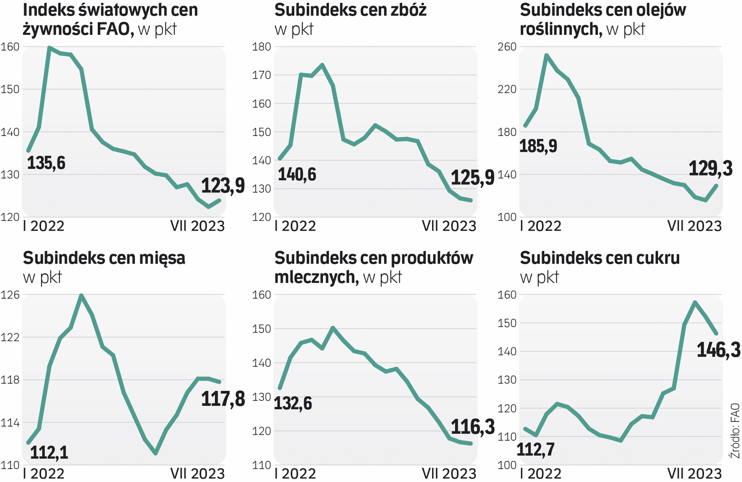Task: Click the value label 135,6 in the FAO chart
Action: tap(46, 163)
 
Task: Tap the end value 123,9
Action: tap(223, 186)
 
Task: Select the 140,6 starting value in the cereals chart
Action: tap(297, 175)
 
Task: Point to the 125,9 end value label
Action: tap(472, 178)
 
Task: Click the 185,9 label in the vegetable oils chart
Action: tap(538, 146)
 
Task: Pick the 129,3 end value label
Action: tap(710, 169)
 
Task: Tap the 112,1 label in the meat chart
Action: tap(49, 453)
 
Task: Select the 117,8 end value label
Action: tap(223, 399)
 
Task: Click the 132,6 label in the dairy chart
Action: tap(293, 403)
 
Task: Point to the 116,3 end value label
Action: tap(472, 427)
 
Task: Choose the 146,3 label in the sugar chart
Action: tap(718, 350)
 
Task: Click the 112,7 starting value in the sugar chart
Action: tap(535, 449)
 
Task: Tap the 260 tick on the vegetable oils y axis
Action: tap(507, 47)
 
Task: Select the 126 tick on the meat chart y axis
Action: tap(10, 295)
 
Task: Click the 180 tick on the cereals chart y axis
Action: tap(262, 47)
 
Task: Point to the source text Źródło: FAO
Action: tap(735, 431)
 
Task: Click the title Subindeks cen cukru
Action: tap(600, 258)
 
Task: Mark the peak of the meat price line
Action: tap(81, 295)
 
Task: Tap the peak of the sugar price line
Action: tap(695, 302)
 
